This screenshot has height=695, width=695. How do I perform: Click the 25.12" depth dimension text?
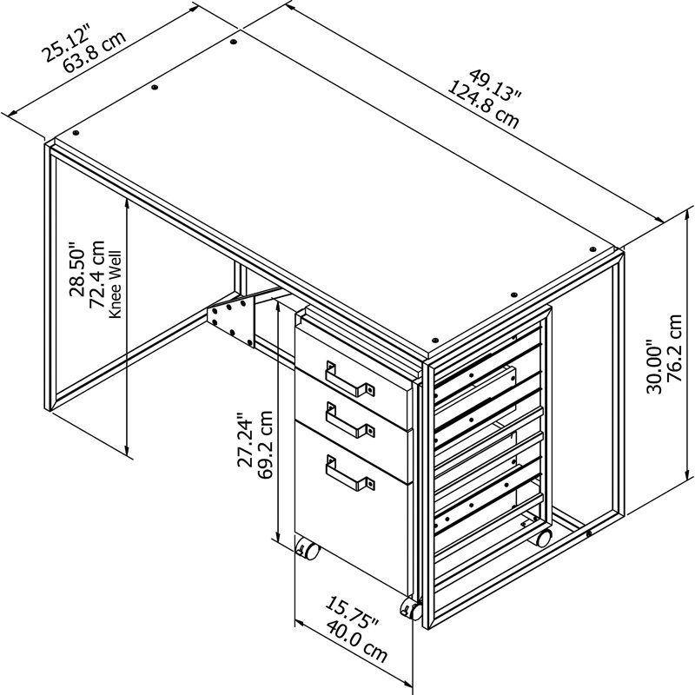(x=66, y=41)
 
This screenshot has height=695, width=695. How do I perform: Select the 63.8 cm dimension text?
(x=95, y=51)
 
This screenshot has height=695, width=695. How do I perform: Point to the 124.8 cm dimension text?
(x=483, y=105)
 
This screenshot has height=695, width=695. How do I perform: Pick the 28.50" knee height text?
(x=76, y=268)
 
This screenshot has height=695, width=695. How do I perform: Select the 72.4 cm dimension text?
(x=96, y=274)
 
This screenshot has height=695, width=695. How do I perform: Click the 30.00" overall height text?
(x=654, y=366)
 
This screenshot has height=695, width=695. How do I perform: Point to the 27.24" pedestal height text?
(x=245, y=440)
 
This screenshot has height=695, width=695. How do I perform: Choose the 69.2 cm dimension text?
(x=265, y=445)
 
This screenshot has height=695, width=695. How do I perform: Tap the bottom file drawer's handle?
(x=350, y=473)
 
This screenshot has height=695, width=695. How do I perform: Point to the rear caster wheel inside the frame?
(x=544, y=538)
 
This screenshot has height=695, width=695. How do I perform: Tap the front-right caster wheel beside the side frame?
(x=411, y=609)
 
